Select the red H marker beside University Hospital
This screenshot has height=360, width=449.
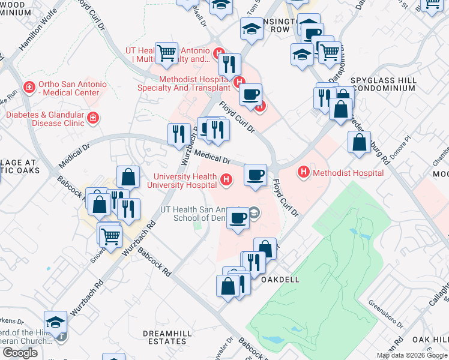[x=226, y=179]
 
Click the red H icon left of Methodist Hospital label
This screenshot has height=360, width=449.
[x=304, y=173]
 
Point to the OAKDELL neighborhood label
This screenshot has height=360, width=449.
[x=278, y=280]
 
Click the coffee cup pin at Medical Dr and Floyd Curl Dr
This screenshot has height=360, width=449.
[x=256, y=175]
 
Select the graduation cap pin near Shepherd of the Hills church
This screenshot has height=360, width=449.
[x=55, y=322]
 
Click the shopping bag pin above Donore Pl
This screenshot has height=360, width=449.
[x=359, y=142]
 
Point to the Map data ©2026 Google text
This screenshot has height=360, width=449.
[x=411, y=355]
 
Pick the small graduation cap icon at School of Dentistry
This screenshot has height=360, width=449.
[x=255, y=212]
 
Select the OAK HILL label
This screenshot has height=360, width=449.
[x=430, y=340]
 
